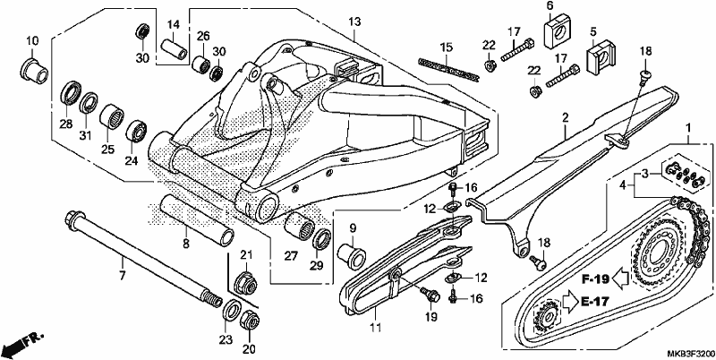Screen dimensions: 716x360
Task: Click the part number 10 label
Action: (x=31, y=41)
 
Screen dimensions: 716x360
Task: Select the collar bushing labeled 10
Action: (x=34, y=71)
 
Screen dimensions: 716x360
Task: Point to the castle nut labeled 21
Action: (x=245, y=283)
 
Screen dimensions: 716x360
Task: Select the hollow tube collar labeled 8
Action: (x=197, y=220)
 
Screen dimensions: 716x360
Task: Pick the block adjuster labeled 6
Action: (x=555, y=33)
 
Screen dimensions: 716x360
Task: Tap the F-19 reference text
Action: (x=596, y=280)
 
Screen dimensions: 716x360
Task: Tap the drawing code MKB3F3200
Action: (x=689, y=355)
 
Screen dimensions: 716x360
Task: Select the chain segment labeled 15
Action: (x=448, y=70)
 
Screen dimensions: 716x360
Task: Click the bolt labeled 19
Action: (x=429, y=294)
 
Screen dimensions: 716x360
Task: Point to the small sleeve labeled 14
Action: (x=174, y=48)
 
